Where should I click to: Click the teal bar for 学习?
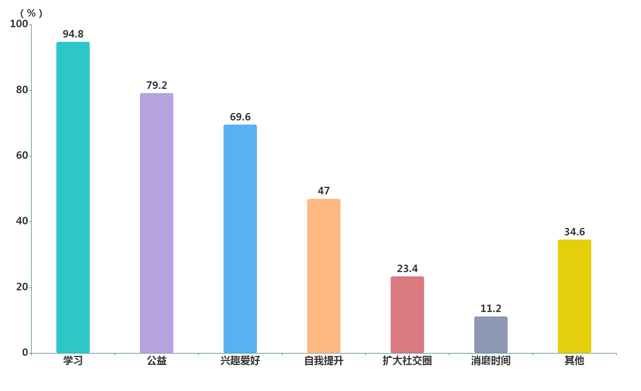tap(73, 197)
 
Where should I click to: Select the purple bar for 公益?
tap(157, 223)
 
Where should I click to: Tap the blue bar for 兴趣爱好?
tap(240, 239)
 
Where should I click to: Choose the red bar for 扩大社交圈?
tap(407, 314)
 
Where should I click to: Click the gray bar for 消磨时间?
tap(491, 335)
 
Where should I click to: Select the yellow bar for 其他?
tap(574, 296)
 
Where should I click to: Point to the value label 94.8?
tap(73, 34)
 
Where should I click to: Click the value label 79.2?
tap(157, 85)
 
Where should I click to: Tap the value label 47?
tap(324, 191)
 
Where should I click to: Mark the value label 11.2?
tap(491, 308)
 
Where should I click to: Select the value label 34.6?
tap(574, 232)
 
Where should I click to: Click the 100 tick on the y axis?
tap(19, 24)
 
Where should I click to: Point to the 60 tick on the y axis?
tap(22, 156)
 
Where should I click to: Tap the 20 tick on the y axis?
tap(22, 287)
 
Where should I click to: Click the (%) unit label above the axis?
tap(31, 13)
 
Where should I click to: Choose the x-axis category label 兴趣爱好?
tap(240, 361)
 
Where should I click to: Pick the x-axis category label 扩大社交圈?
tap(407, 361)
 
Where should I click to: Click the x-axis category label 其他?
tap(574, 361)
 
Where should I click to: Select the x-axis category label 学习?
tap(73, 361)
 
